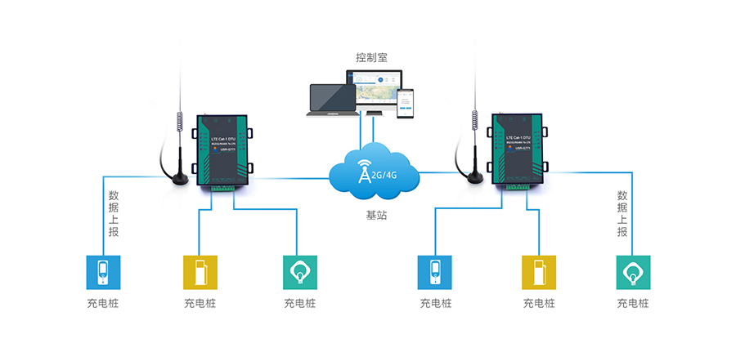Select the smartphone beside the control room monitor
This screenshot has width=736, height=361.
click(x=406, y=104)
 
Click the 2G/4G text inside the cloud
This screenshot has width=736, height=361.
click(x=384, y=173)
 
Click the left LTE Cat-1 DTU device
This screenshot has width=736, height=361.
click(x=223, y=151)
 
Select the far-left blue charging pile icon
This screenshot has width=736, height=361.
click(x=103, y=273)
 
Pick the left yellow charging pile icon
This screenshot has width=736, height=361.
click(x=199, y=273)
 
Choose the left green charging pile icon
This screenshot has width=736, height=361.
click(x=299, y=273)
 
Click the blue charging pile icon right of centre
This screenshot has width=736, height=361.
click(x=435, y=273)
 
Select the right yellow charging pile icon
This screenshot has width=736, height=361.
click(x=538, y=273)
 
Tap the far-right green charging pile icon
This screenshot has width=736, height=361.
click(x=633, y=273)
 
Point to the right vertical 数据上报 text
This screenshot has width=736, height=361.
click(x=622, y=214)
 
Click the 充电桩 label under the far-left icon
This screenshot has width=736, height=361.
click(x=103, y=303)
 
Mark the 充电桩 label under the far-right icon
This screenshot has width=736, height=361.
click(x=633, y=303)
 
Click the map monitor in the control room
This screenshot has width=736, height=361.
click(x=377, y=91)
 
